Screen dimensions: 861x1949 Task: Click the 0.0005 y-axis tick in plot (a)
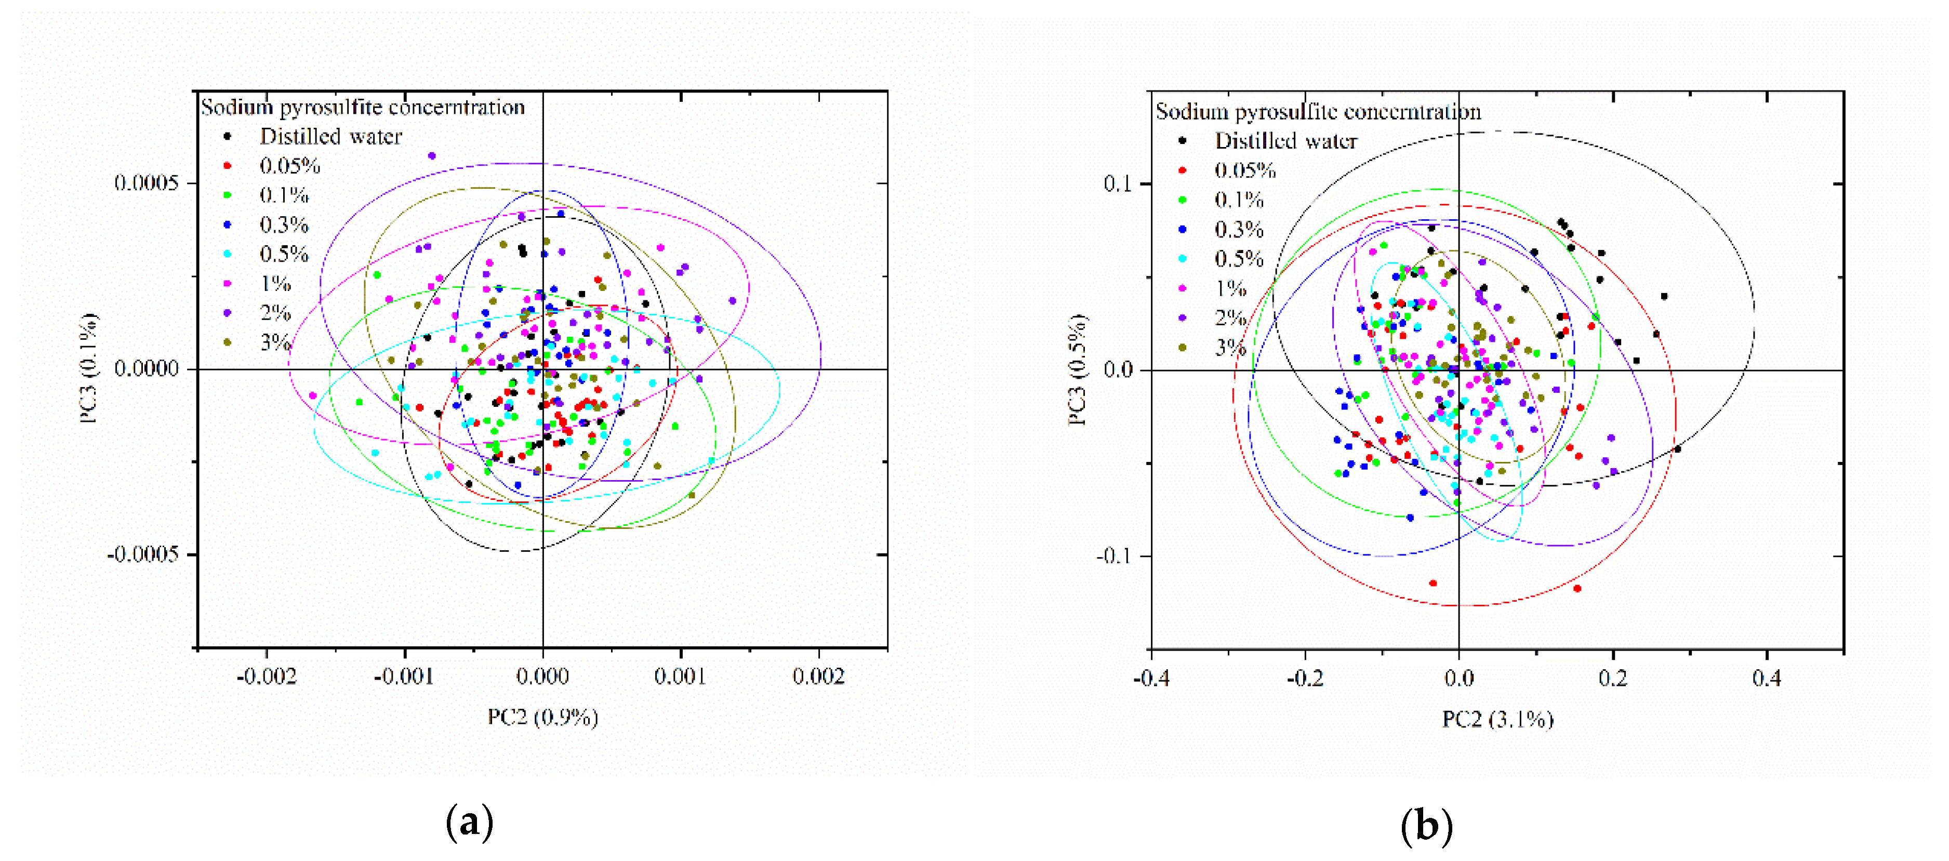point(146,182)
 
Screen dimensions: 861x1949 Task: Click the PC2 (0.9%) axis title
point(542,717)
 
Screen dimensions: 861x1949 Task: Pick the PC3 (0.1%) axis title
point(89,368)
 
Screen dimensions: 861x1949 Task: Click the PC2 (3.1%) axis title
point(1497,719)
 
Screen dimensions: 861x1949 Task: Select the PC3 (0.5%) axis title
point(1077,369)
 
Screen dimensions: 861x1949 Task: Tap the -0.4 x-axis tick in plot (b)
point(1151,678)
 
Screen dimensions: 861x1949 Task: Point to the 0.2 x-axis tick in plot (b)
point(1612,678)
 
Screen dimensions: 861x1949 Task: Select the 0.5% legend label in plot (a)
point(284,254)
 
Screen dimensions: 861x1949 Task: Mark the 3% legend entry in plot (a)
point(275,343)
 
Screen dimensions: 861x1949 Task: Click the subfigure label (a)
point(470,823)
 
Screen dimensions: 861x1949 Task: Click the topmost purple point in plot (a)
point(432,156)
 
